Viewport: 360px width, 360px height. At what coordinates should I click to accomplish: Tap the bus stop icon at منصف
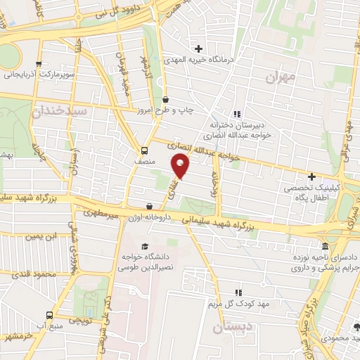pyautogui.click(x=144, y=150)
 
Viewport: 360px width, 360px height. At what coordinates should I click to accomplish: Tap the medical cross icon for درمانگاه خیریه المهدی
pyautogui.click(x=199, y=49)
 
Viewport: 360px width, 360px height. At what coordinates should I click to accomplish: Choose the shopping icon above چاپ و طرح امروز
pyautogui.click(x=165, y=100)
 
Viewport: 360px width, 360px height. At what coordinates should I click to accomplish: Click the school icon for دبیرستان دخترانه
pyautogui.click(x=237, y=115)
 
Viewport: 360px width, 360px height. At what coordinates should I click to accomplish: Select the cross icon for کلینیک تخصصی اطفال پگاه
pyautogui.click(x=311, y=176)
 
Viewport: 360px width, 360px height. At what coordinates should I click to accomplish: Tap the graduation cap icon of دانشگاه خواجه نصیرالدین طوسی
pyautogui.click(x=145, y=246)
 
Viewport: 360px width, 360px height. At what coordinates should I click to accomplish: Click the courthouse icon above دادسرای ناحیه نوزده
pyautogui.click(x=324, y=247)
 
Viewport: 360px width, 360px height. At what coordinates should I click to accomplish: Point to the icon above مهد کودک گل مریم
pyautogui.click(x=238, y=292)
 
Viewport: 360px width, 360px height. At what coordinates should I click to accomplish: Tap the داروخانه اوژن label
pyautogui.click(x=148, y=217)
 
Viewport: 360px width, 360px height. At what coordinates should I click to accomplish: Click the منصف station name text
pyautogui.click(x=144, y=161)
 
